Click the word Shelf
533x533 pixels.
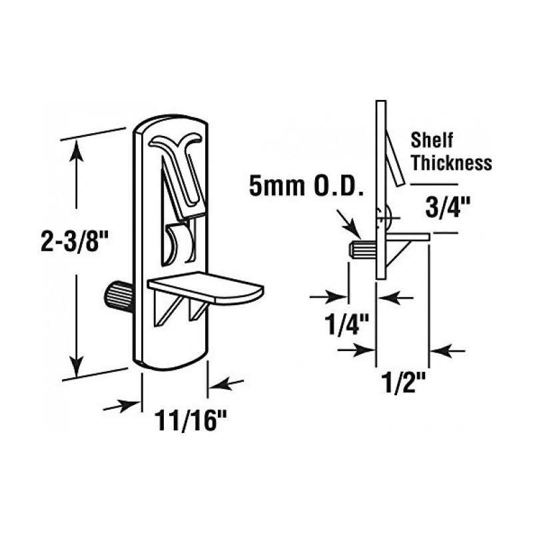432,141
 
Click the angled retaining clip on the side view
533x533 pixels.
393,157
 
